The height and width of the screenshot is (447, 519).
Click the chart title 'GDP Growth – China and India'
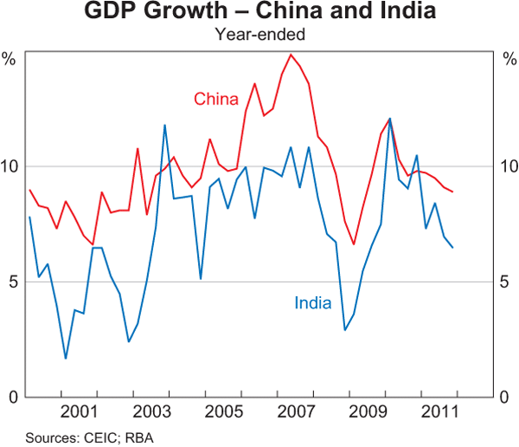(259, 13)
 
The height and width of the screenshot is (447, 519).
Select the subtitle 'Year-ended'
(259, 36)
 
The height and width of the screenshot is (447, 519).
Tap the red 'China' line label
(215, 99)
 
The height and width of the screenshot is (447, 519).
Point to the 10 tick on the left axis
(13, 165)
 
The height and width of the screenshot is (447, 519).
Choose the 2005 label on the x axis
(221, 412)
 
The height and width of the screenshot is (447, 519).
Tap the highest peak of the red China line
(291, 55)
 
